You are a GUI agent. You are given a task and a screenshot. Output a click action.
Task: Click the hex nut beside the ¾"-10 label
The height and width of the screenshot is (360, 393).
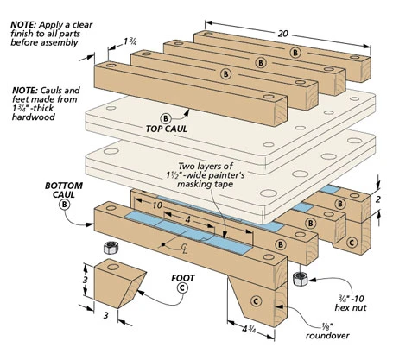(x=301, y=280)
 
